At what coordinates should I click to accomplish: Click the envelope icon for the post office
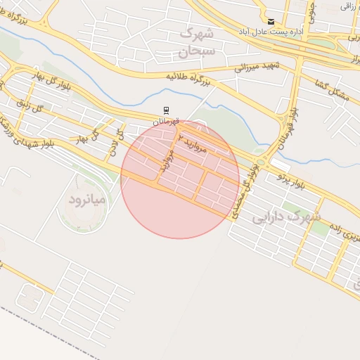point(271,22)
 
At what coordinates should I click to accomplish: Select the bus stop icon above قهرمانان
point(167,110)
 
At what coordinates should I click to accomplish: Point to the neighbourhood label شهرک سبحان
point(195,41)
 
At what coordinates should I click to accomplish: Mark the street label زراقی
point(347,6)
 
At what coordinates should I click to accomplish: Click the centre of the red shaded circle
point(180,179)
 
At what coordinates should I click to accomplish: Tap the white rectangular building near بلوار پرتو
point(280,165)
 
